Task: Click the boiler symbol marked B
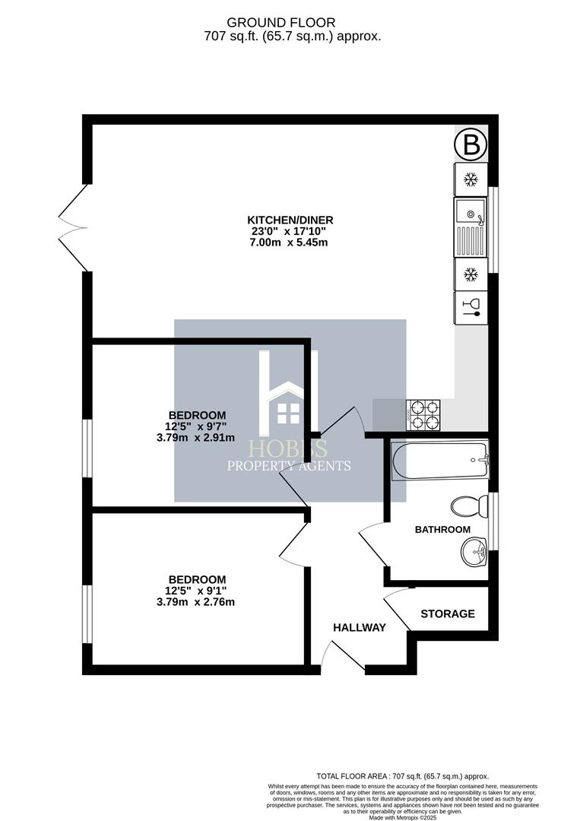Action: pyautogui.click(x=471, y=144)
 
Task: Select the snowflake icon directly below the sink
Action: pyautogui.click(x=471, y=273)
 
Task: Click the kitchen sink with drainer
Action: pyautogui.click(x=471, y=227)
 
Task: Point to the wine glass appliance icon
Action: pyautogui.click(x=471, y=307)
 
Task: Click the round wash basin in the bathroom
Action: pyautogui.click(x=474, y=550)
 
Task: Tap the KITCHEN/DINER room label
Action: pyautogui.click(x=290, y=220)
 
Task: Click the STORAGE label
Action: pyautogui.click(x=448, y=613)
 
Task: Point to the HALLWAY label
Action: pyautogui.click(x=360, y=628)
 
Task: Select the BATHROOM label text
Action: pyautogui.click(x=442, y=529)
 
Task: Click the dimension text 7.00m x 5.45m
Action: pyautogui.click(x=290, y=242)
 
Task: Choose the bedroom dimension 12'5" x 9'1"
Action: pyautogui.click(x=197, y=591)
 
